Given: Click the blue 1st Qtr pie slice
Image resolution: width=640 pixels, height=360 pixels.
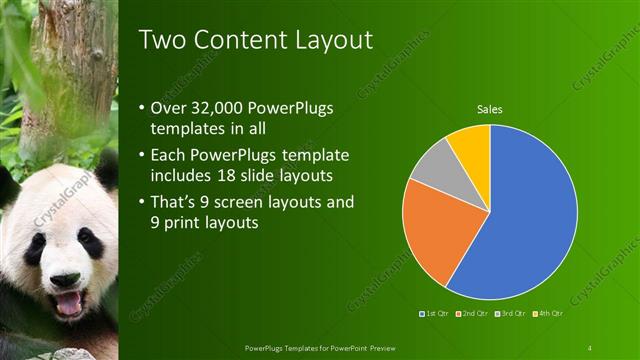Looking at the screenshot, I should click(530, 215).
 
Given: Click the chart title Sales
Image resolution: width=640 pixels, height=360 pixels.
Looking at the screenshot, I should click(489, 109).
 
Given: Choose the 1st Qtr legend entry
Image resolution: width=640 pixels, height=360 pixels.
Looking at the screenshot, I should click(436, 315).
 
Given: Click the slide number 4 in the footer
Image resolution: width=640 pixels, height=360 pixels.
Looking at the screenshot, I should click(590, 347).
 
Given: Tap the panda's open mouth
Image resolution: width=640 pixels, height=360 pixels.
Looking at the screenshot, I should click(68, 303).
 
